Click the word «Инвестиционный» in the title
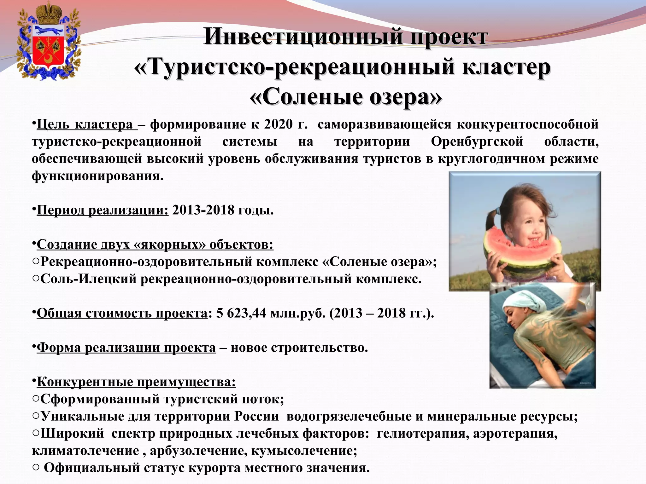(303, 37)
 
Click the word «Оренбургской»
(477, 141)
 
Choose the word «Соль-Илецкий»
(89, 279)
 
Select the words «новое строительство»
(299, 348)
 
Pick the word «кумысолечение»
(304, 451)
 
